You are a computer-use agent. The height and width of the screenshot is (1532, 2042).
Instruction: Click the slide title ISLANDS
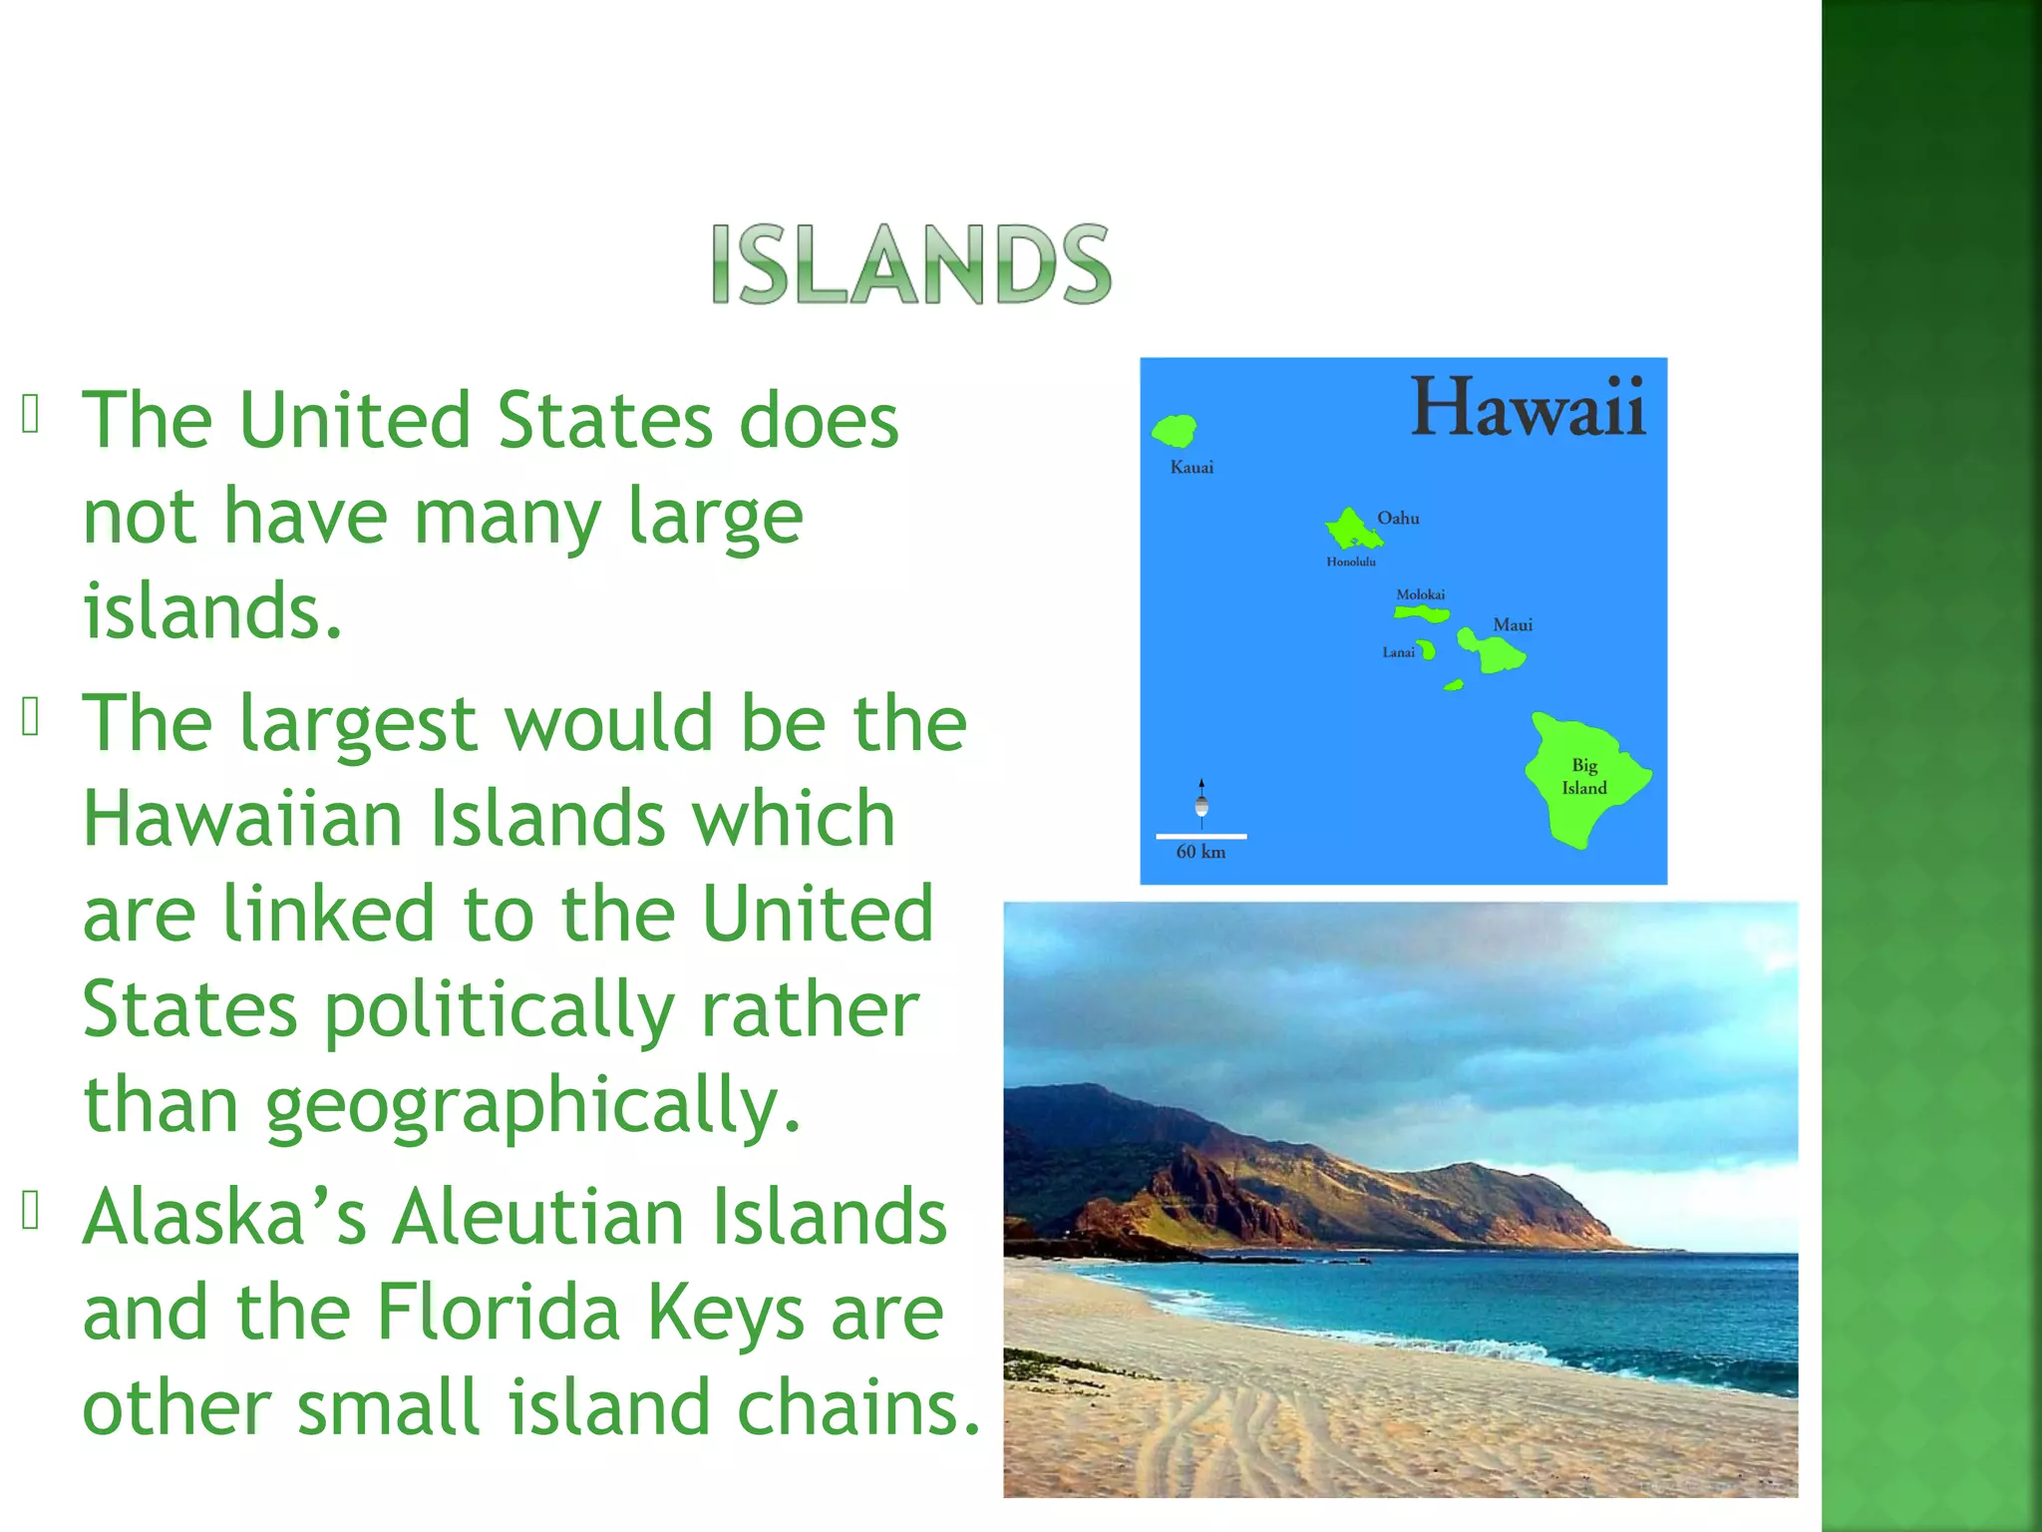click(910, 265)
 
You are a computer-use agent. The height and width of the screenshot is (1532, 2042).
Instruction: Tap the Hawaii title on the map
click(1528, 408)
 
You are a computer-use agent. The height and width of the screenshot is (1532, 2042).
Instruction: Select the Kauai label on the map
click(1191, 468)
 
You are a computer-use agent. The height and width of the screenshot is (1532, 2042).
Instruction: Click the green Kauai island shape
click(1175, 432)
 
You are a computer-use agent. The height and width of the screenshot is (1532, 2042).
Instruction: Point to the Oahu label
click(1398, 518)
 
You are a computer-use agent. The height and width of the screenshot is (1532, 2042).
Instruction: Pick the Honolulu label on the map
click(1350, 563)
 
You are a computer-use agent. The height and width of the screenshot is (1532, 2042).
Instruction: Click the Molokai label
click(1420, 594)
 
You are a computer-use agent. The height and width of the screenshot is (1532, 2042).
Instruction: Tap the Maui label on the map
click(1512, 625)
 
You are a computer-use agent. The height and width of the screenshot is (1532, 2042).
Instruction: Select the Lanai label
click(1398, 652)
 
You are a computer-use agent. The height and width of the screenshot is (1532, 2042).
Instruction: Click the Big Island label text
click(1583, 777)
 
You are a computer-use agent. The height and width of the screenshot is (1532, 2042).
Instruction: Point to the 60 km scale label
click(1200, 852)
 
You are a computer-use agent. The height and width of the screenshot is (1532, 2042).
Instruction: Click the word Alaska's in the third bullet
click(224, 1218)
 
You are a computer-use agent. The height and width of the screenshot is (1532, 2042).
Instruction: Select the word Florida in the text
click(498, 1313)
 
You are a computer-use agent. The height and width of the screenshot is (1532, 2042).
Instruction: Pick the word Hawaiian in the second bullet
click(242, 819)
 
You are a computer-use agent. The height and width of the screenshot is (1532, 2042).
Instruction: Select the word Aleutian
click(537, 1218)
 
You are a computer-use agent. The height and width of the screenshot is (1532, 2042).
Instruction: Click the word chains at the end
click(858, 1407)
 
